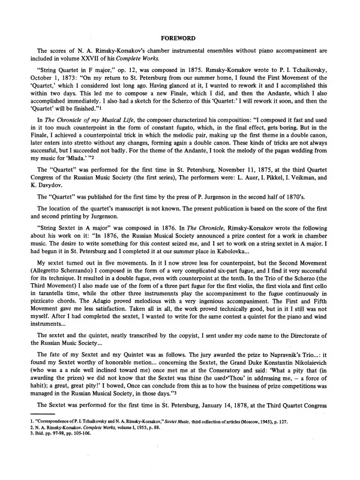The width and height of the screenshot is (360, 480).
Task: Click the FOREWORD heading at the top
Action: (180, 37)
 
